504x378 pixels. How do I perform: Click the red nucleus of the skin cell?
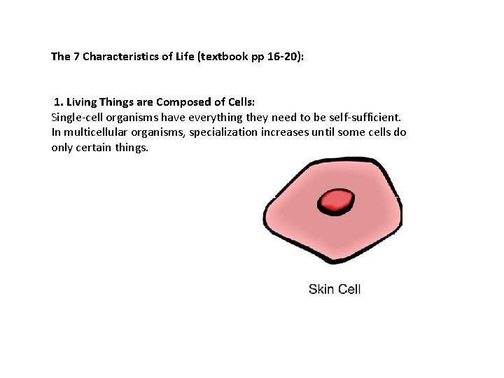[x=336, y=202]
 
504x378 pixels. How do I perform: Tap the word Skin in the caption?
[x=321, y=289]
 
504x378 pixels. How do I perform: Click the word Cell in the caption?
[x=349, y=289]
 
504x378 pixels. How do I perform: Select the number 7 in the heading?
[x=76, y=56]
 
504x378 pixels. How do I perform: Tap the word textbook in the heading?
[x=218, y=56]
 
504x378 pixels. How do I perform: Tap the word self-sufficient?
[x=374, y=118]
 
